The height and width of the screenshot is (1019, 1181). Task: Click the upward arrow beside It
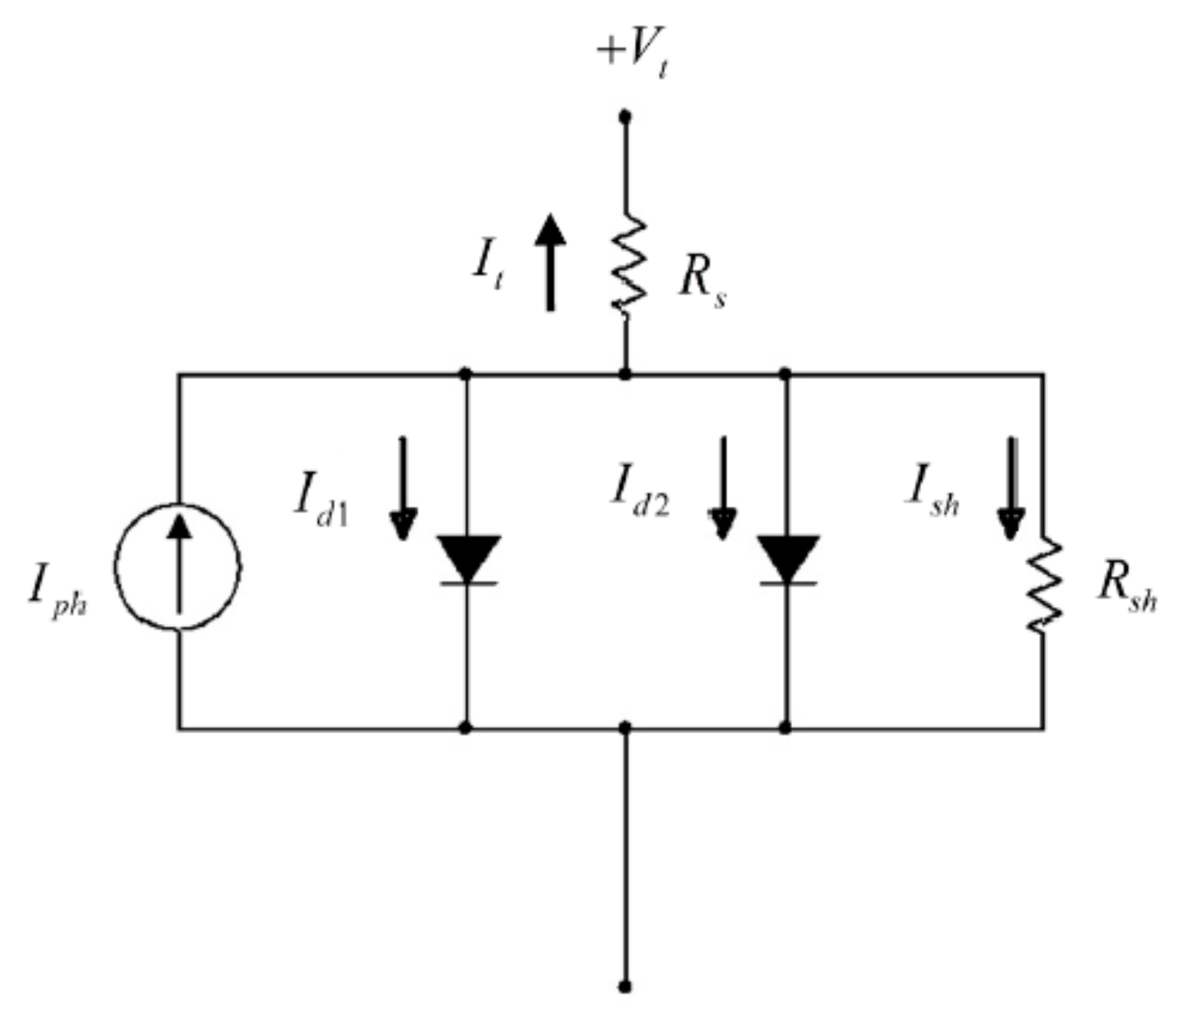coord(550,262)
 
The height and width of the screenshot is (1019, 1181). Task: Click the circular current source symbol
coord(178,567)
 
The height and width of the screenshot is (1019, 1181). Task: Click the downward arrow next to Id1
coord(403,488)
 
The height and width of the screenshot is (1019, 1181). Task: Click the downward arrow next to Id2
coord(723,488)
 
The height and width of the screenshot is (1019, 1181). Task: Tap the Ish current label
coord(932,491)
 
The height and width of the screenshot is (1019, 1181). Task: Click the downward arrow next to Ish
coord(1011,488)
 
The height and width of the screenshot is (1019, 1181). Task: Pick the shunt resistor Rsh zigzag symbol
coord(1044,583)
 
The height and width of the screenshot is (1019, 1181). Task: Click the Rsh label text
coord(1126,587)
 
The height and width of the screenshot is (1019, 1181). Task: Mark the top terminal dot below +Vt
coord(625,116)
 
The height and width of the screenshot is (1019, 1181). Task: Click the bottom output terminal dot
coord(625,987)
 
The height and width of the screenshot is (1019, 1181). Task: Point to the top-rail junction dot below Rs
coord(625,374)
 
